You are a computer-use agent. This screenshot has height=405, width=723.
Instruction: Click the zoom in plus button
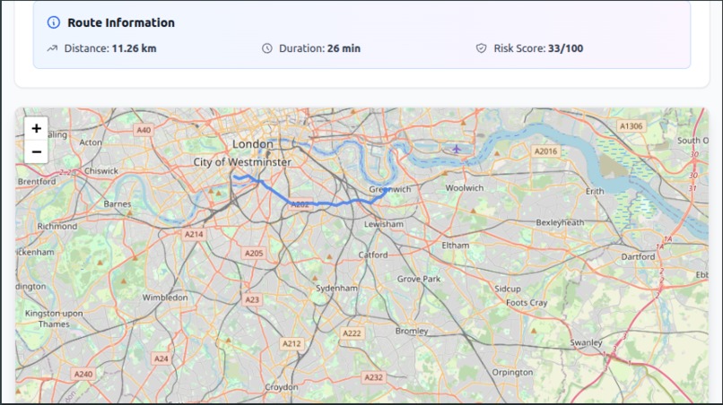[37, 129]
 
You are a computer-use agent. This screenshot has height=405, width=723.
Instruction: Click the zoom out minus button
[37, 151]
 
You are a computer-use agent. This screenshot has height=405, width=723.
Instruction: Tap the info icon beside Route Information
[54, 22]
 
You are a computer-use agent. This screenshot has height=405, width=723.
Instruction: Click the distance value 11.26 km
[134, 48]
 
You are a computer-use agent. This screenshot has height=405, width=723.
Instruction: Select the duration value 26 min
[344, 48]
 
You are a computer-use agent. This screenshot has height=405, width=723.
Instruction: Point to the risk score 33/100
[565, 48]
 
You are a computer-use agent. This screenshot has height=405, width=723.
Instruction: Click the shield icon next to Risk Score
[482, 48]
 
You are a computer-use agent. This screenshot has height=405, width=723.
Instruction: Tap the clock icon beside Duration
[267, 48]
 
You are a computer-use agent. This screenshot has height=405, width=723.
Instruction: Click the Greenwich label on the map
[390, 189]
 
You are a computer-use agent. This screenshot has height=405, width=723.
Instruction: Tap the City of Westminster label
[242, 162]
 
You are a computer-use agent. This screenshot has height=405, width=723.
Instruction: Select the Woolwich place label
[465, 187]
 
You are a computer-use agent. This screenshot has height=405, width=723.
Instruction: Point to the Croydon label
[281, 387]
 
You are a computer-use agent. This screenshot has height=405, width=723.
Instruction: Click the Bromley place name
[412, 331]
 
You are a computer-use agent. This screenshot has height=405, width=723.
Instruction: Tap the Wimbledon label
[165, 297]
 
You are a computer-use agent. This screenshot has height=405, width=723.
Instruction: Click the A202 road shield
[300, 204]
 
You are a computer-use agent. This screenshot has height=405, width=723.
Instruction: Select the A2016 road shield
[545, 151]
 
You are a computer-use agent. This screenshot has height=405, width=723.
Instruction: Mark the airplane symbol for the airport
[457, 148]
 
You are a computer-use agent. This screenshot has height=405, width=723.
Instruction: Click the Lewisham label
[383, 224]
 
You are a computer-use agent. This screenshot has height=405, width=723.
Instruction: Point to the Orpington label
[512, 372]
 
